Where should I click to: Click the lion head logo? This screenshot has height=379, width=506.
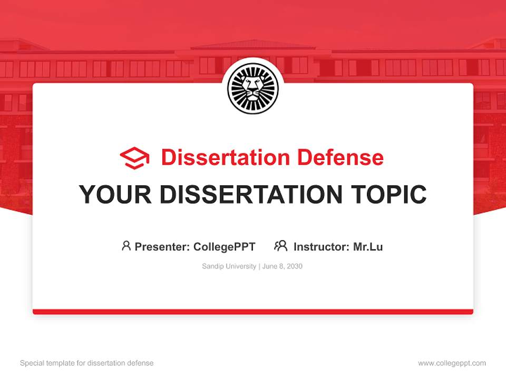pos(253,88)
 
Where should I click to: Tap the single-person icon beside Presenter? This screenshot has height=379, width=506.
pos(126,246)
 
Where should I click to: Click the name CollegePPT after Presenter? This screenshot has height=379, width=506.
pos(225,246)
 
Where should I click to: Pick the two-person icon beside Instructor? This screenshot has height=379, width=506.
pos(280,246)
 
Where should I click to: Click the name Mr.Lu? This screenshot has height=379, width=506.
pos(368,246)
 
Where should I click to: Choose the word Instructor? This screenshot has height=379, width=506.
pos(322,246)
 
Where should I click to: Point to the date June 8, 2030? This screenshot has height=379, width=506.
pos(283,266)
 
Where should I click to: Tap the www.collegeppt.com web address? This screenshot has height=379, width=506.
pos(452,363)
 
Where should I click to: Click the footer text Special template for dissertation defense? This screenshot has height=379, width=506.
pos(87,363)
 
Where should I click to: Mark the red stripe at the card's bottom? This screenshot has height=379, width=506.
pos(253,312)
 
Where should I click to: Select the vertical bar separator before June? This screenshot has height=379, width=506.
pos(259,266)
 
